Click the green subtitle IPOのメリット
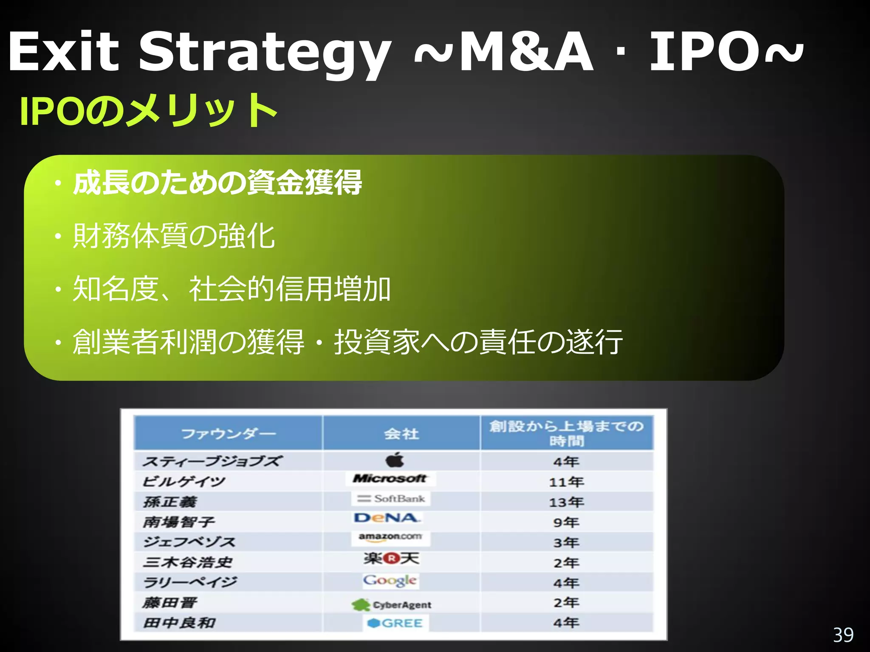click(149, 111)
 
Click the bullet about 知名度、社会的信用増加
click(232, 289)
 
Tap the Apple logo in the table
click(395, 460)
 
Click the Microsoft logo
click(390, 479)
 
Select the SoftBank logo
click(391, 499)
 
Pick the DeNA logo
click(387, 518)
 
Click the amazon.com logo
click(390, 537)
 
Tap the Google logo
click(390, 581)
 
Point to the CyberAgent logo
click(391, 604)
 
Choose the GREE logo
click(395, 623)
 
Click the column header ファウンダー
click(229, 434)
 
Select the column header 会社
click(401, 434)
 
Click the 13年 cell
click(566, 502)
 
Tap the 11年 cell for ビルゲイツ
click(566, 482)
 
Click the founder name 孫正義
click(170, 502)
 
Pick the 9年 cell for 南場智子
click(566, 522)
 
